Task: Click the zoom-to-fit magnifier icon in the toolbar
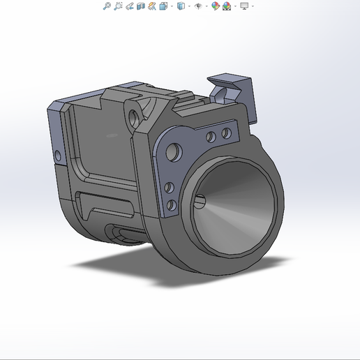(107, 6)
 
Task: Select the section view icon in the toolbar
(141, 6)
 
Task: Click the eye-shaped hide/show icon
(198, 6)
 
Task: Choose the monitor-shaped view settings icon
(244, 6)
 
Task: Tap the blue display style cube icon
(181, 6)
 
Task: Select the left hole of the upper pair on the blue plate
(211, 136)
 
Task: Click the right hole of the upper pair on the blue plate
(226, 133)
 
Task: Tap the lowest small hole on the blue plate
(170, 204)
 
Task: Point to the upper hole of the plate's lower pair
(169, 187)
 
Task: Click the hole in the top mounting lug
(133, 114)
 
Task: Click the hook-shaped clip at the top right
(232, 89)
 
